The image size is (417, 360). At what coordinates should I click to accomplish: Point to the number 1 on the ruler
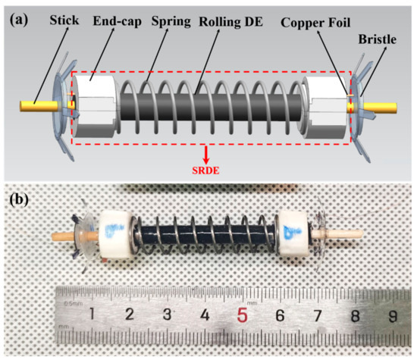pyautogui.click(x=92, y=315)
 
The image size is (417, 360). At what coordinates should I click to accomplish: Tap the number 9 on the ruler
pyautogui.click(x=391, y=314)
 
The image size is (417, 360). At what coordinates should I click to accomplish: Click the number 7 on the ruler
pyautogui.click(x=317, y=314)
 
